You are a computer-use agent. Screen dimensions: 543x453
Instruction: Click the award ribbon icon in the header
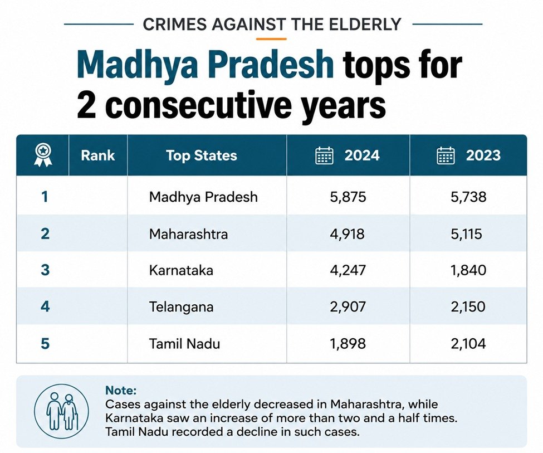[42, 155]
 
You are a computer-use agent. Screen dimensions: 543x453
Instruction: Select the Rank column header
[97, 155]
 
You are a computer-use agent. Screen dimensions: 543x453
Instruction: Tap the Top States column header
[202, 155]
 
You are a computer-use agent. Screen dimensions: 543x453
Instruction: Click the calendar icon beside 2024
[325, 155]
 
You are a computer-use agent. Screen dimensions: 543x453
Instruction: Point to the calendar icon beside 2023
[446, 155]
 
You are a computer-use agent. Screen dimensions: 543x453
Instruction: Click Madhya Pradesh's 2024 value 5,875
[348, 197]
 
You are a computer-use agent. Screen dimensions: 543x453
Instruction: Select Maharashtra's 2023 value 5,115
[466, 234]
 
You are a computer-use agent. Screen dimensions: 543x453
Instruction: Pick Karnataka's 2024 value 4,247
[348, 270]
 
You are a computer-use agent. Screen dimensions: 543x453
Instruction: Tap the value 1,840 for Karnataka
[468, 270]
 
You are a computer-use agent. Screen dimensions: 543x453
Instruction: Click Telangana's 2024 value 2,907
[348, 307]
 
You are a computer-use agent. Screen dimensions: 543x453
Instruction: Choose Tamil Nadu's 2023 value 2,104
[468, 344]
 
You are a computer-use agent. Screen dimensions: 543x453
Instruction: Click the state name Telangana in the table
[181, 307]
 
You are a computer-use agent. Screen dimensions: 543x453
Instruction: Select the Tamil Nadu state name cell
[184, 344]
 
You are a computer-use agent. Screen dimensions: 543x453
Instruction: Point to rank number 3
[45, 270]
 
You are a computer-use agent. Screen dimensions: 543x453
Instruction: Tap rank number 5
[45, 344]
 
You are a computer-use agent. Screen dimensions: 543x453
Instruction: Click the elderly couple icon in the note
[62, 411]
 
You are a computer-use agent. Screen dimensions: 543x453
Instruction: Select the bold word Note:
[121, 391]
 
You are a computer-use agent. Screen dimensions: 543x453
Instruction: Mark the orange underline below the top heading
[272, 39]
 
